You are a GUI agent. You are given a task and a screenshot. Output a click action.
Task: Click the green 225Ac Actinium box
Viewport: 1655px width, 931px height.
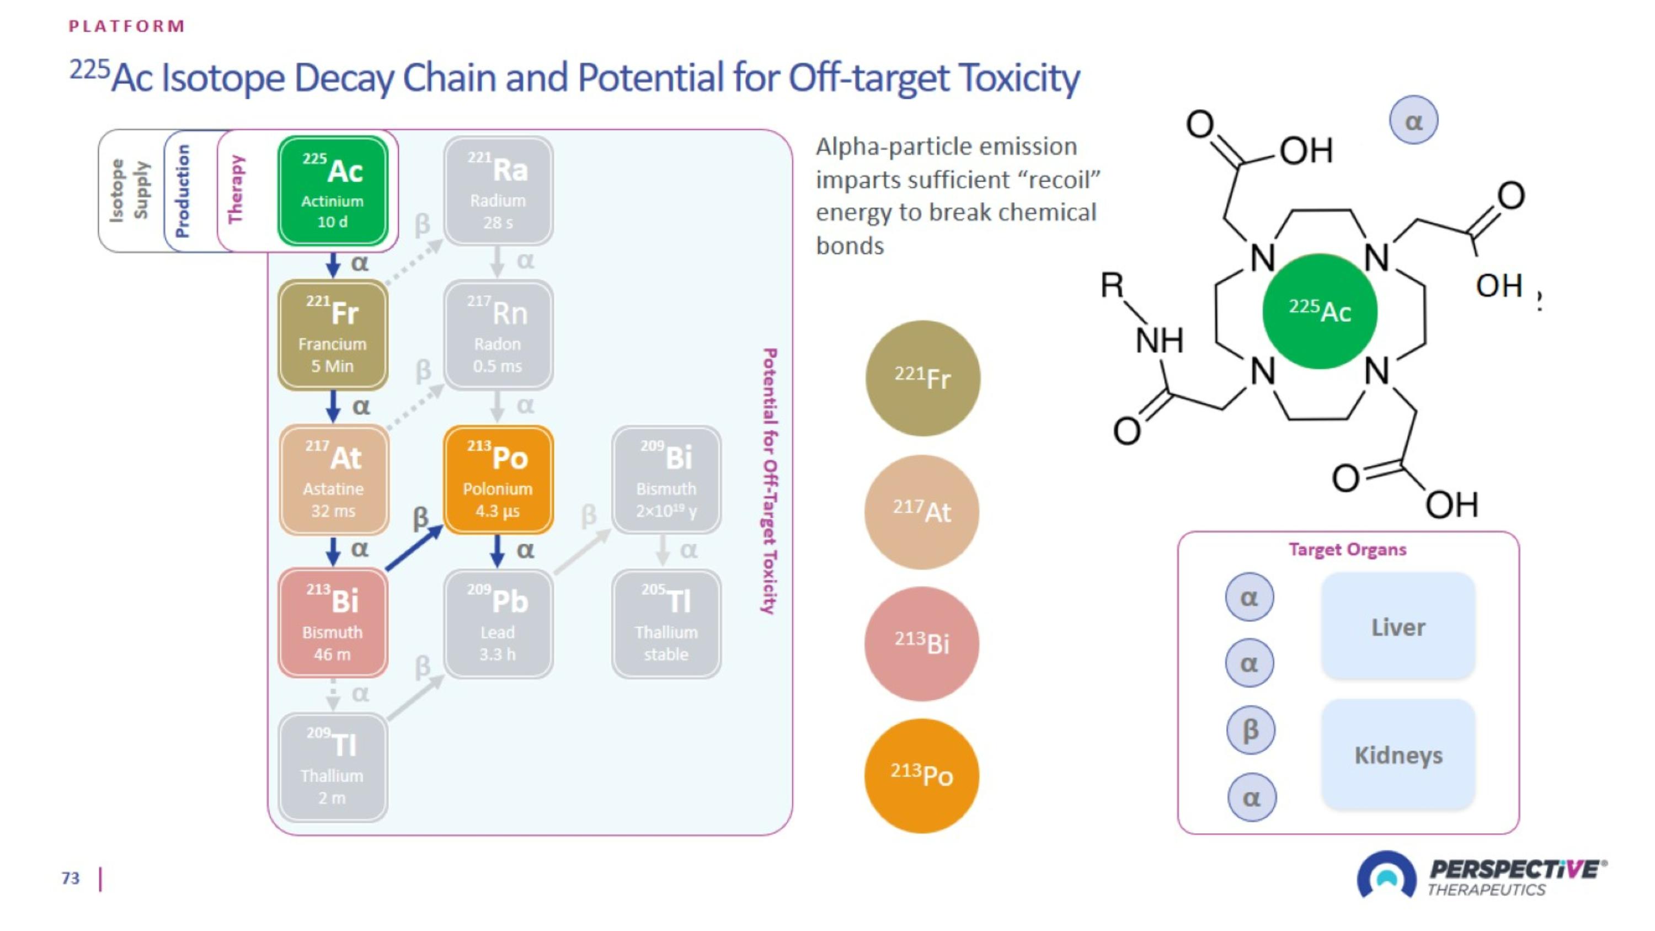pos(333,191)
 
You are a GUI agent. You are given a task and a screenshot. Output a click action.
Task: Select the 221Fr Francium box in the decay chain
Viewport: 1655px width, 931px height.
pos(333,335)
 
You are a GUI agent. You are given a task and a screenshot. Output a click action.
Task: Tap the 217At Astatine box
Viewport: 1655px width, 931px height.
pos(333,480)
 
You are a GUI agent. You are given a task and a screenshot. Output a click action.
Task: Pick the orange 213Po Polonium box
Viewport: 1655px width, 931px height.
pos(498,480)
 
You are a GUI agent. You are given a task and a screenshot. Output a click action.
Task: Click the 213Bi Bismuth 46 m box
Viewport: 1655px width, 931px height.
pos(333,623)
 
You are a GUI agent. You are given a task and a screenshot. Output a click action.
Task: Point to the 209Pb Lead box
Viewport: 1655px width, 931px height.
pos(498,623)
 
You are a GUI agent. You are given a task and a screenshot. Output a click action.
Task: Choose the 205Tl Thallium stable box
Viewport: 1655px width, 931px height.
pos(666,623)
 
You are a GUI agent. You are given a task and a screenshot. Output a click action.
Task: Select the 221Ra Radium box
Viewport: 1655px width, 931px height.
pos(498,191)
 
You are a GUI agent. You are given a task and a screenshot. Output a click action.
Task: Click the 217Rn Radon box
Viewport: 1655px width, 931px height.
pos(498,335)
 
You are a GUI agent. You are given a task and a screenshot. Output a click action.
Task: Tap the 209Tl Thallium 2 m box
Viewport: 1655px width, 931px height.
pos(333,767)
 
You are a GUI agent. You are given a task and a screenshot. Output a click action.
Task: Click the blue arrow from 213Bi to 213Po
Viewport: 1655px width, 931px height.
pos(414,548)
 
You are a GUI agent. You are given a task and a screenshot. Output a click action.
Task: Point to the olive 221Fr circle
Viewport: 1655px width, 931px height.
pos(922,378)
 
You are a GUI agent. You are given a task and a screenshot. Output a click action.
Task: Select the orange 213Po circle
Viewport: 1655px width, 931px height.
pos(922,775)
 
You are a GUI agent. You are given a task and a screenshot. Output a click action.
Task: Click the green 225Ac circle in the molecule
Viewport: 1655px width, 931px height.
pos(1320,311)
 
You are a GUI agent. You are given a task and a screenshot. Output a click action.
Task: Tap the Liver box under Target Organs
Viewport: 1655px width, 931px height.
pos(1398,626)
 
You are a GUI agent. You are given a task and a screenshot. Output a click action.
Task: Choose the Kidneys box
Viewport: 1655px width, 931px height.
pos(1398,754)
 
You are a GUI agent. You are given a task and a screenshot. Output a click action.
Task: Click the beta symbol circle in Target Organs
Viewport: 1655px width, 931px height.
pos(1250,730)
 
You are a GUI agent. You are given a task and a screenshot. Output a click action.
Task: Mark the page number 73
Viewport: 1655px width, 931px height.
pos(71,877)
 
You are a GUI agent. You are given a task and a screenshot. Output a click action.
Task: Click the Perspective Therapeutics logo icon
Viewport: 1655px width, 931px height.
pos(1386,875)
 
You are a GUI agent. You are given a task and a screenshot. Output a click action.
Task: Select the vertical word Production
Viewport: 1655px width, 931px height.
pos(183,191)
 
